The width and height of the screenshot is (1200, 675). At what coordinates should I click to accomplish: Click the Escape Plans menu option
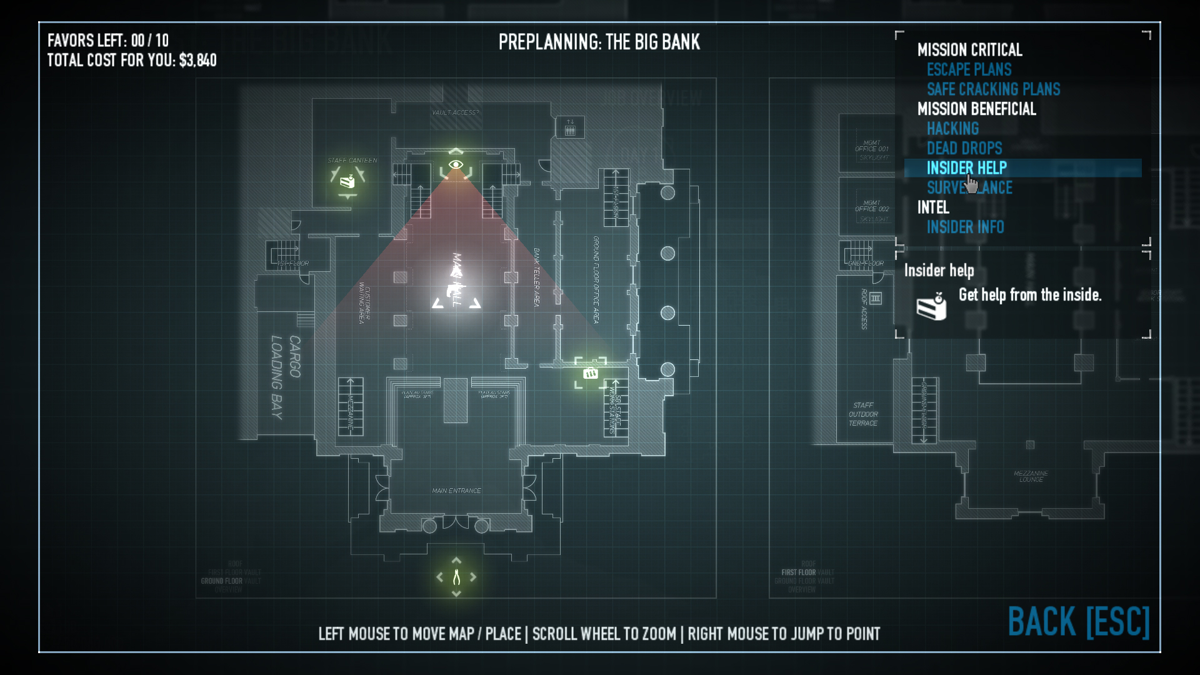point(969,69)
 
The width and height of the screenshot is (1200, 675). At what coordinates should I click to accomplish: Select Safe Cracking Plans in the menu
point(993,89)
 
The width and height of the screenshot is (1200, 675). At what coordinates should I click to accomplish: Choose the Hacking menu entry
point(952,129)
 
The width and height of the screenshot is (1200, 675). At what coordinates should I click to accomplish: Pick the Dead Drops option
point(964,148)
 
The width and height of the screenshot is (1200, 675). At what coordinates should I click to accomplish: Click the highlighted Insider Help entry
point(966,168)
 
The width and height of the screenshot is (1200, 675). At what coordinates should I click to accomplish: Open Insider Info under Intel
point(965,227)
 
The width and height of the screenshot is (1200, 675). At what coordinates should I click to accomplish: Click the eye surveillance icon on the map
point(456,165)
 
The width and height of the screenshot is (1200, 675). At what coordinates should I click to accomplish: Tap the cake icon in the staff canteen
point(347,181)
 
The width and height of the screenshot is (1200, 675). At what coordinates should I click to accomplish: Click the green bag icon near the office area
point(590,373)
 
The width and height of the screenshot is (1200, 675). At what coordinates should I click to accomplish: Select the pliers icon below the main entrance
point(456,577)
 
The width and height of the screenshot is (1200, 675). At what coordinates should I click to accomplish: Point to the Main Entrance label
point(456,491)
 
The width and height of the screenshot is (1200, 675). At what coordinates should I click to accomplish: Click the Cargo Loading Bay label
point(286,377)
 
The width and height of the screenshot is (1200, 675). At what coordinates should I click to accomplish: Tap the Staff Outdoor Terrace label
point(863,414)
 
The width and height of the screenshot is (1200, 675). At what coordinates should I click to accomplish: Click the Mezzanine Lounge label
point(1031,476)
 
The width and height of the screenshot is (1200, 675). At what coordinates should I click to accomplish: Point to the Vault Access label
point(455,112)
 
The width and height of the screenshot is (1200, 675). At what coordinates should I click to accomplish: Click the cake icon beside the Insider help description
point(931,306)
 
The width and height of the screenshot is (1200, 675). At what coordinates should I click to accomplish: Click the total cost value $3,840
point(197,61)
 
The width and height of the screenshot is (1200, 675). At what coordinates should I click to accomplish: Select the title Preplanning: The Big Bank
point(599,42)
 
